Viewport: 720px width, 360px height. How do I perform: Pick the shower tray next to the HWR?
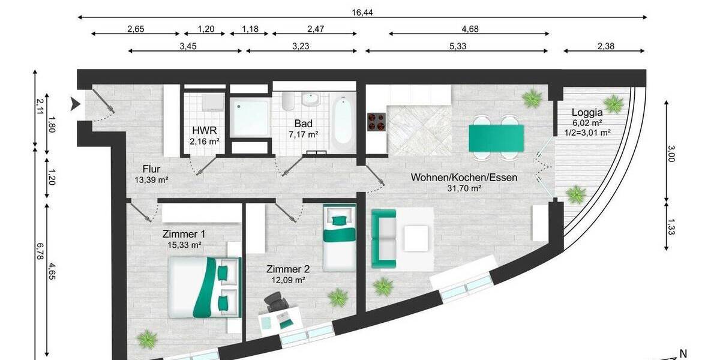pos(249,118)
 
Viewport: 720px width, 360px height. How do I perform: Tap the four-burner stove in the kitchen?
pos(376,122)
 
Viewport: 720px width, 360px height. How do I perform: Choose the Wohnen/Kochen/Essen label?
pos(463,178)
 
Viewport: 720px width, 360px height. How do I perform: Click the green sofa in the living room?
pos(384,238)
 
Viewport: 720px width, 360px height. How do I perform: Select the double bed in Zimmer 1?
pos(204,287)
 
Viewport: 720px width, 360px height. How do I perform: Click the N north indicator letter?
pos(682,353)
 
